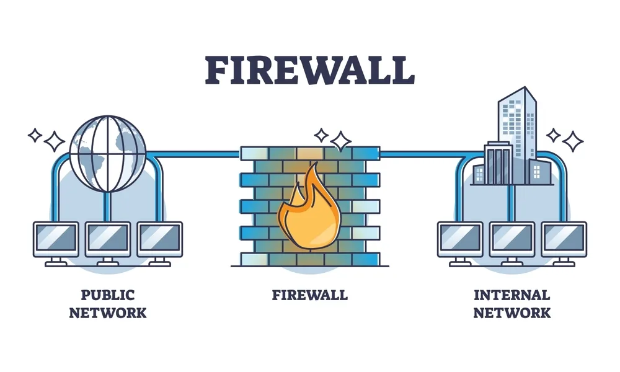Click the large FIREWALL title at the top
(x=309, y=69)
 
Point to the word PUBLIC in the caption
(x=107, y=295)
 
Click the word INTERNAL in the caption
(x=511, y=295)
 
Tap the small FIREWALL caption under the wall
(x=309, y=295)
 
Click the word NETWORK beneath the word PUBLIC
(x=108, y=312)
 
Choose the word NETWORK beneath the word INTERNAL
(x=511, y=312)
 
